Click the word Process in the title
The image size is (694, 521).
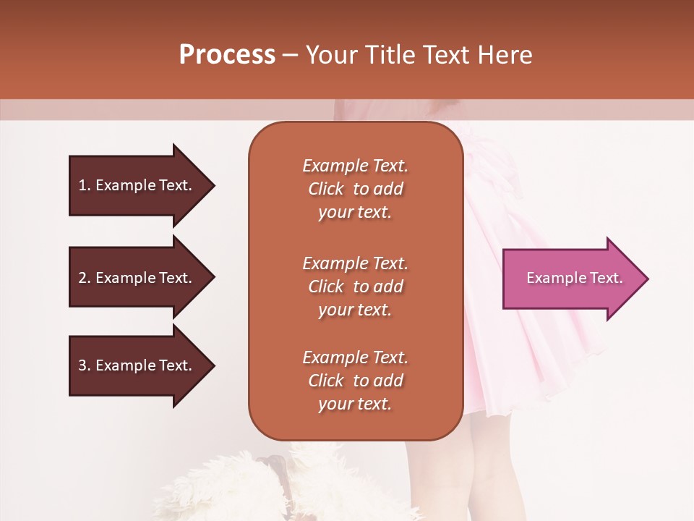tap(227, 55)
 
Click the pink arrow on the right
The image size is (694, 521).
tap(571, 279)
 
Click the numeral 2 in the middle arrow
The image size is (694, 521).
tap(82, 278)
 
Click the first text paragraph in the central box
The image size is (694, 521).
tap(355, 189)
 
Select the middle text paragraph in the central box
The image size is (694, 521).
tap(355, 287)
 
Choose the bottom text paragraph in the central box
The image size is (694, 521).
tap(355, 381)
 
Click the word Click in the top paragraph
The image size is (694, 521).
tap(326, 189)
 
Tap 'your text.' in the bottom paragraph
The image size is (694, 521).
tap(355, 404)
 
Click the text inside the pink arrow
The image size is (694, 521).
tap(574, 278)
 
